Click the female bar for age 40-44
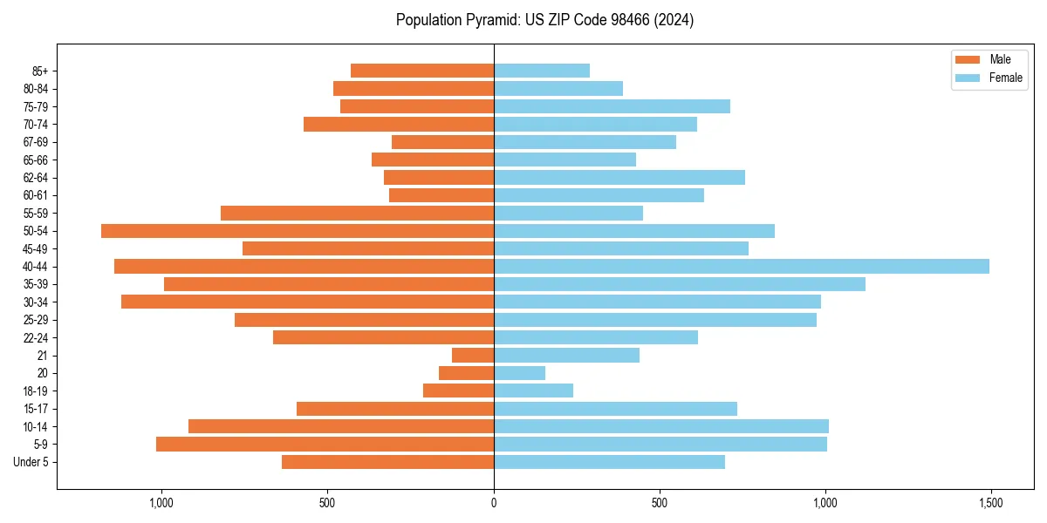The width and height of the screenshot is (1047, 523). [x=742, y=267]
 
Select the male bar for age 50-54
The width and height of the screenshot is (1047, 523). [x=298, y=231]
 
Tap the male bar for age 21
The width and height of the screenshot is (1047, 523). [x=473, y=356]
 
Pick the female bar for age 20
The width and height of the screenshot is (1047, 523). [x=520, y=373]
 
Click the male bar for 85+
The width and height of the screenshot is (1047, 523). [x=422, y=71]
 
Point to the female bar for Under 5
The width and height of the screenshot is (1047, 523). [x=609, y=462]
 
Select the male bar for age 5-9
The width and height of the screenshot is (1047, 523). [x=325, y=445]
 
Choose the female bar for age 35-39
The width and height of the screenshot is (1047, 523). [x=680, y=284]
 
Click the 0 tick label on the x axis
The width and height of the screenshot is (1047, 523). [x=494, y=503]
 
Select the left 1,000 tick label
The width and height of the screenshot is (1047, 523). [x=162, y=503]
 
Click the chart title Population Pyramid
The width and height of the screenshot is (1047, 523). [x=544, y=20]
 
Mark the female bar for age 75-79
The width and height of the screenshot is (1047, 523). [x=612, y=106]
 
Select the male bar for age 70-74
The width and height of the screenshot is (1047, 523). [x=399, y=125]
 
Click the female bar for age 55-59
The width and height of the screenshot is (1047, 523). [x=568, y=214]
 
